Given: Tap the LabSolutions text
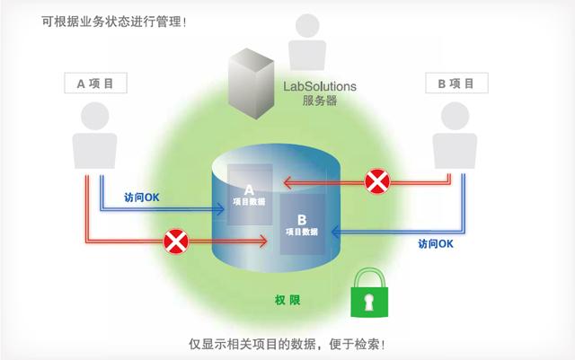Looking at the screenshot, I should point(319,86).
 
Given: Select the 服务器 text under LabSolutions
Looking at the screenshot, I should point(319,101).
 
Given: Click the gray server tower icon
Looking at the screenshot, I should point(250,86).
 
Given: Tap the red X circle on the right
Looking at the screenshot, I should point(377,182).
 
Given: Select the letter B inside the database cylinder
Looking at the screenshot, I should point(302,220).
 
